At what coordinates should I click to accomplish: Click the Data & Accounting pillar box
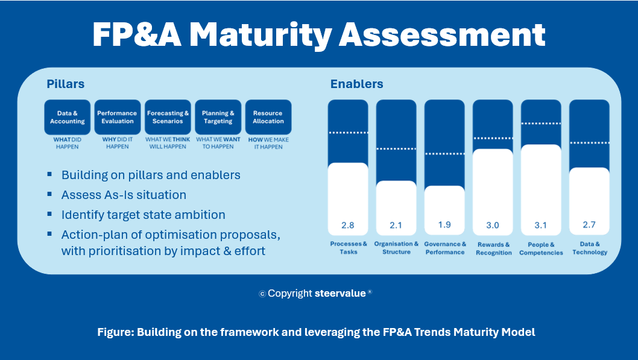click(x=67, y=117)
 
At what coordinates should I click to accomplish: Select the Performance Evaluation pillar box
click(x=118, y=117)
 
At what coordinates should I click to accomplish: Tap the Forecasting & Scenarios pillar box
click(x=168, y=117)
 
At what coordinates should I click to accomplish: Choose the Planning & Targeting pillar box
click(x=218, y=117)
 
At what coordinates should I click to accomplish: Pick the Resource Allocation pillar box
click(x=268, y=117)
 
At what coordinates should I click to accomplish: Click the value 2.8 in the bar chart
click(x=348, y=226)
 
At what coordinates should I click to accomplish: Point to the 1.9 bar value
click(x=444, y=225)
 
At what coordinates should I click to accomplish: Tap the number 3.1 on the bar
click(x=541, y=226)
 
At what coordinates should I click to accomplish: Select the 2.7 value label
click(x=589, y=224)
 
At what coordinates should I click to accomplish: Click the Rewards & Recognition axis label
click(x=493, y=248)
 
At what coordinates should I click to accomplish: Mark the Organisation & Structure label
click(x=396, y=248)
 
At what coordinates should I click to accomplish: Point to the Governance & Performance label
click(x=445, y=248)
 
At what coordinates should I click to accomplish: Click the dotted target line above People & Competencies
click(x=541, y=123)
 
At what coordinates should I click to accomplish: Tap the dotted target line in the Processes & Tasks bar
click(x=348, y=133)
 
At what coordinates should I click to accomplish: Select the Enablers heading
click(x=357, y=84)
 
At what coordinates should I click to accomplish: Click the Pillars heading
click(x=66, y=84)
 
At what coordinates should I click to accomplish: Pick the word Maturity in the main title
click(x=260, y=35)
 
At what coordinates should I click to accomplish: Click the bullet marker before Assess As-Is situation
click(x=49, y=194)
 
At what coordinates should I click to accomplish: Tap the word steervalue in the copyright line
click(x=340, y=293)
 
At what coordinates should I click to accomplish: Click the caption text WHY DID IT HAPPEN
click(x=118, y=143)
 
